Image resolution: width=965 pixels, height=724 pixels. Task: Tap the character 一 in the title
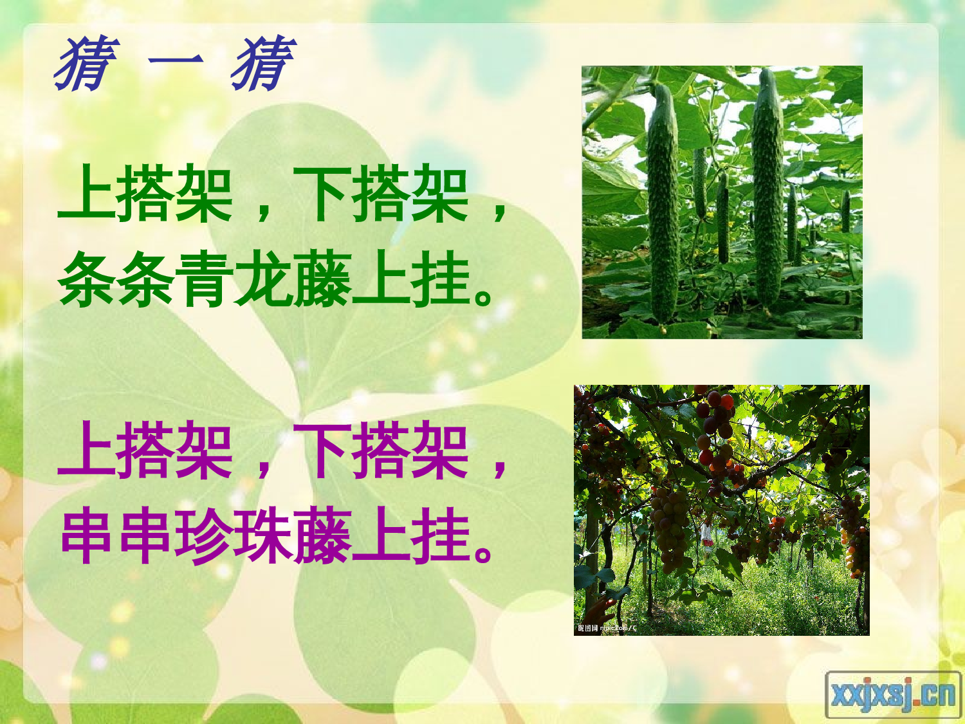tap(176, 63)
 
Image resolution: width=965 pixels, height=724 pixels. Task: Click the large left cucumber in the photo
tap(663, 206)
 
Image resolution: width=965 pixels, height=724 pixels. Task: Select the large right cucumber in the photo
tap(767, 193)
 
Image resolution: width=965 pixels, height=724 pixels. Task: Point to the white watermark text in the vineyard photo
tap(606, 627)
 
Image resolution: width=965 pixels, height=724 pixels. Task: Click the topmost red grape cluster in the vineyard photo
tap(717, 412)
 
